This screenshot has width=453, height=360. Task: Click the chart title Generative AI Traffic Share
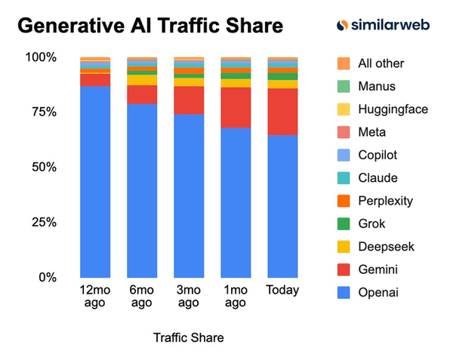150,26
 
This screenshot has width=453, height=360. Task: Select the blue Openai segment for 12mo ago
95,181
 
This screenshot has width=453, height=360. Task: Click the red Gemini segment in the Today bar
282,112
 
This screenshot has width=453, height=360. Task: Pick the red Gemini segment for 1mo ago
236,107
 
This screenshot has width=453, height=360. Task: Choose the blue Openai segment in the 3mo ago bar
189,195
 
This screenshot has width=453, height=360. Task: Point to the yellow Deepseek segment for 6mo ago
142,80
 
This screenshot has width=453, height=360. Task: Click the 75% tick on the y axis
43,112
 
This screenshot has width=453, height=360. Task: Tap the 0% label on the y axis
47,278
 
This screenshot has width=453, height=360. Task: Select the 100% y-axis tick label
41,57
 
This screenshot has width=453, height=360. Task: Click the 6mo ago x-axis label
142,297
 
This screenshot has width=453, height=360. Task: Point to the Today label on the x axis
282,291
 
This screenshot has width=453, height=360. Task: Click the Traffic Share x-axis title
188,337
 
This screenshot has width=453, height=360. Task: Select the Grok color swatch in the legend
344,224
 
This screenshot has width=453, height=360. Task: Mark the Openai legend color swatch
344,293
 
